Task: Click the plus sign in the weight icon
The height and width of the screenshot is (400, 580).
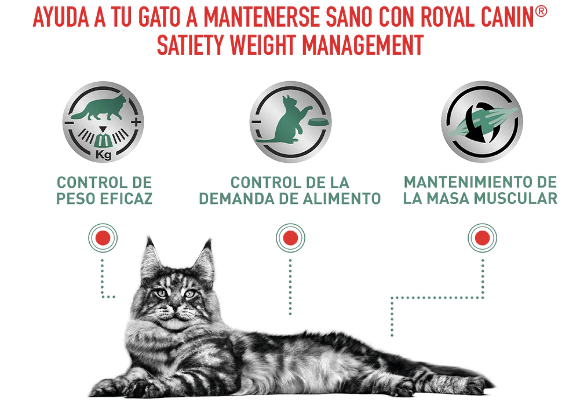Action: click(x=136, y=122)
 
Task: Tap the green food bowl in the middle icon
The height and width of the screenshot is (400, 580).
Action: click(x=318, y=122)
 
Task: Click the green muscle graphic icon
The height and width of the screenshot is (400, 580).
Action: click(x=482, y=122)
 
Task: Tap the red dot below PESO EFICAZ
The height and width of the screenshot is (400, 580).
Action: click(x=103, y=238)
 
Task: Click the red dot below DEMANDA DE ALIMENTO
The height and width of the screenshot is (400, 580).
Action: click(x=290, y=238)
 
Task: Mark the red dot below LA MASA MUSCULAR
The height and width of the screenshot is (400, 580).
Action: click(x=482, y=238)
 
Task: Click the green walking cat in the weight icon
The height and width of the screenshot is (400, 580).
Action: click(x=99, y=107)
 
